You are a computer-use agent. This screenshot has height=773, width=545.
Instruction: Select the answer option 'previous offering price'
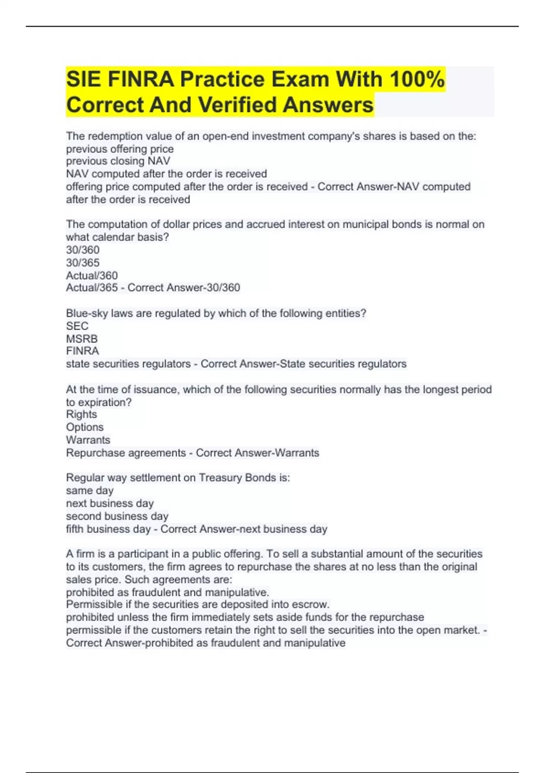pyautogui.click(x=120, y=149)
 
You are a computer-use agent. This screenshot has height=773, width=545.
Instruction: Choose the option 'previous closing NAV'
pyautogui.click(x=118, y=161)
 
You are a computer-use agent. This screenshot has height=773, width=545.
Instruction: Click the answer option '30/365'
pyautogui.click(x=83, y=263)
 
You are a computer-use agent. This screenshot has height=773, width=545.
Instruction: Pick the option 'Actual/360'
pyautogui.click(x=92, y=276)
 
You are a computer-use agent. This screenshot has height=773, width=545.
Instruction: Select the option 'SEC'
pyautogui.click(x=77, y=326)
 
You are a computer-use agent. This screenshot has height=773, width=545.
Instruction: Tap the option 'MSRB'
pyautogui.click(x=82, y=339)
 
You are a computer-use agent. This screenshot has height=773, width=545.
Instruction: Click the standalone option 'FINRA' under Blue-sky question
pyautogui.click(x=82, y=351)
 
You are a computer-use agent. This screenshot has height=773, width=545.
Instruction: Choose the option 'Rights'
pyautogui.click(x=81, y=415)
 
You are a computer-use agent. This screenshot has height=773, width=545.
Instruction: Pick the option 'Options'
pyautogui.click(x=84, y=427)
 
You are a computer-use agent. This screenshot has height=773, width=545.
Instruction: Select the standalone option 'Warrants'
pyautogui.click(x=88, y=440)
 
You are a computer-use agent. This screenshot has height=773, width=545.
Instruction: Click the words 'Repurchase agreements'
pyautogui.click(x=126, y=453)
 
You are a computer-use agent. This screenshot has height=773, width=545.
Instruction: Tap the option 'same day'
pyautogui.click(x=89, y=491)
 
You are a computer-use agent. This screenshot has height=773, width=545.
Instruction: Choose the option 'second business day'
pyautogui.click(x=117, y=517)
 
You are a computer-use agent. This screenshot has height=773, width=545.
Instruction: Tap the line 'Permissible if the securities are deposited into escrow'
pyautogui.click(x=198, y=605)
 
